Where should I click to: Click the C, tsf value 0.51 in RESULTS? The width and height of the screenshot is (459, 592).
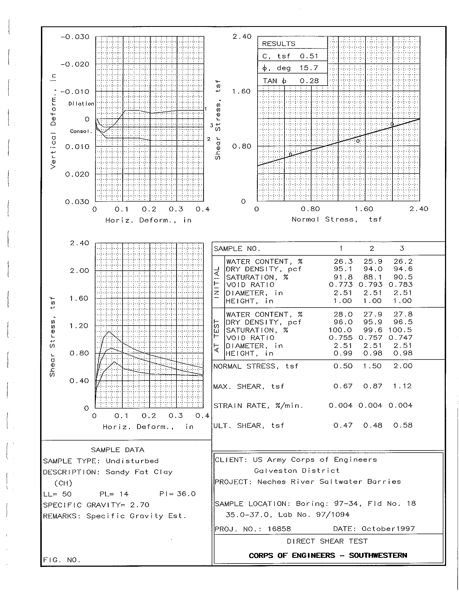(x=309, y=56)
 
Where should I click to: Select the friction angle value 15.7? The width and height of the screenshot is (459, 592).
(x=309, y=68)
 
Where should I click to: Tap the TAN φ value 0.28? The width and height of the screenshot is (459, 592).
(x=309, y=81)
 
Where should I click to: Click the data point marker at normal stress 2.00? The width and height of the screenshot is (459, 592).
(x=392, y=124)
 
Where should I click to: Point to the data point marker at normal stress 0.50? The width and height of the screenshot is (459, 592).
(x=291, y=154)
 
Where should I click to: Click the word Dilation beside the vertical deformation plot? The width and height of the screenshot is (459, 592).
(x=81, y=104)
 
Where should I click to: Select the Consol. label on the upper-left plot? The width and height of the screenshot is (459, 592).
(x=81, y=131)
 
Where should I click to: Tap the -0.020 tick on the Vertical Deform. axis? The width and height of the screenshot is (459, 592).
(x=75, y=64)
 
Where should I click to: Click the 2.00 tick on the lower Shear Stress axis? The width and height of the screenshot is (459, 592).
(x=79, y=270)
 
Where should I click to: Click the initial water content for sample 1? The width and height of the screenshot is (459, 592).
(x=343, y=261)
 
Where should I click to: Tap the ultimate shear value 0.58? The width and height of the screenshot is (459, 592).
(x=403, y=425)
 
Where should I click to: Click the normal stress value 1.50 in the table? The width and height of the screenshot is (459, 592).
(x=373, y=366)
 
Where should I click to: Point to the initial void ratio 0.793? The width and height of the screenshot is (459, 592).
(x=370, y=285)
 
